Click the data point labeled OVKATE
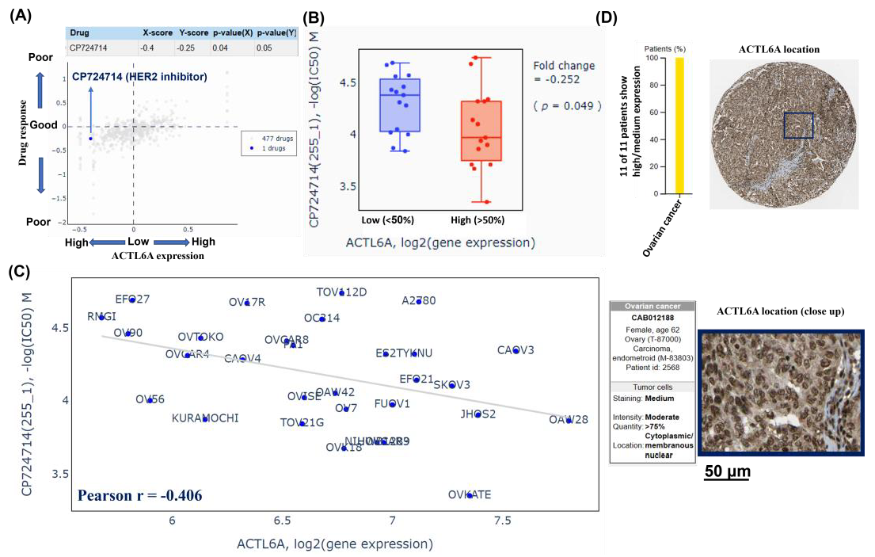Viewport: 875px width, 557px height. [x=470, y=495]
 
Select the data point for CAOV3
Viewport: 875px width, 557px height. [x=515, y=350]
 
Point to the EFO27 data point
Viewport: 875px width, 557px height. [x=132, y=299]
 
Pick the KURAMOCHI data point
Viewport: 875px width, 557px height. [x=204, y=418]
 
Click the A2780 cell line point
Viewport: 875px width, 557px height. [x=419, y=301]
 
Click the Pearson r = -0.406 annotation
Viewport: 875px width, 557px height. [x=139, y=496]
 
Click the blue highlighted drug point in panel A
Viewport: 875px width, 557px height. [x=90, y=138]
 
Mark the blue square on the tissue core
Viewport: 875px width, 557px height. [x=798, y=126]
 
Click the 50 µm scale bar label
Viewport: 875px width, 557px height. [x=727, y=471]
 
